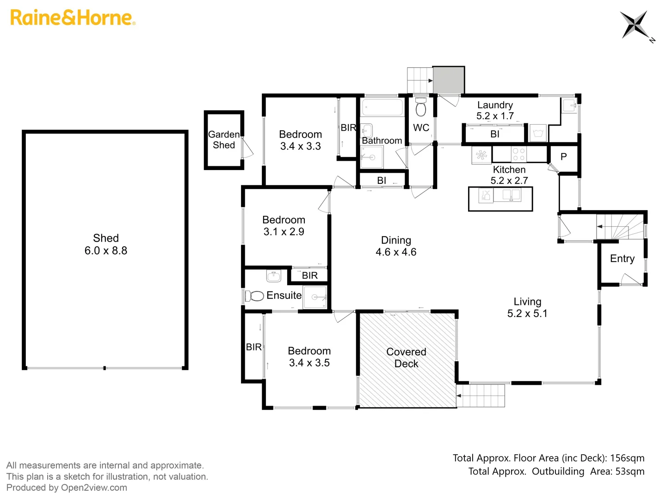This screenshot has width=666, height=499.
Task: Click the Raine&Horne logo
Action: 73,18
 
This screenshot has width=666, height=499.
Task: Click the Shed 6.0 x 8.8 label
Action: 105,244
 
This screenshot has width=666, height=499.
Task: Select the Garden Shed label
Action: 224,140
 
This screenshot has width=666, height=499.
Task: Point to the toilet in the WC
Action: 420,108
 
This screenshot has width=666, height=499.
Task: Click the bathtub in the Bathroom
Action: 382,108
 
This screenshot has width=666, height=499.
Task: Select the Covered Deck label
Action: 406,358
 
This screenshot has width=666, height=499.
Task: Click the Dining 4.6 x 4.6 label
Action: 396,246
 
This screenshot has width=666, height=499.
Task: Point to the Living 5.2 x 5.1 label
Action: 527,308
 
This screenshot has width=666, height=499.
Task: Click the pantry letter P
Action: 563,157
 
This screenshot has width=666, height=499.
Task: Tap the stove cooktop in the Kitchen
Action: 518,154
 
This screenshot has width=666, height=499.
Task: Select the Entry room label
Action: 622,259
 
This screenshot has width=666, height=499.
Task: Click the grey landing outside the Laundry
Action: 448,80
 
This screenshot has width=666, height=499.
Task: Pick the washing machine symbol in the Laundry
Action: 537,134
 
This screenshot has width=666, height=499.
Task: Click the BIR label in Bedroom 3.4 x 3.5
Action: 253,347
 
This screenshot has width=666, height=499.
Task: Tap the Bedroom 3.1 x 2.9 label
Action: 284,226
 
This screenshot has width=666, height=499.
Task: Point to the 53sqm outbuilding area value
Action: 629,472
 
